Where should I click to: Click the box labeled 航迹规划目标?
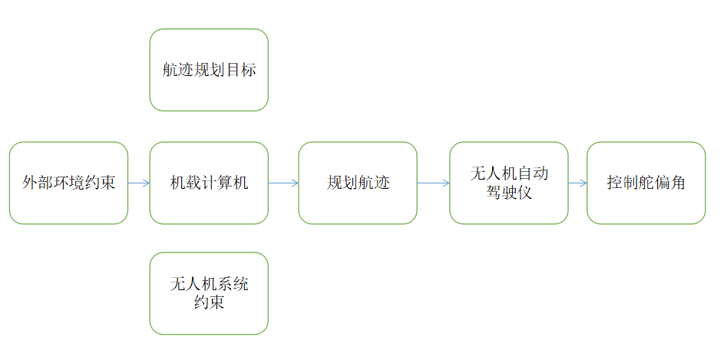pyautogui.click(x=209, y=70)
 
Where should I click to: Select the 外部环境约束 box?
pyautogui.click(x=68, y=183)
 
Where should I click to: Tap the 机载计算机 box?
pyautogui.click(x=209, y=183)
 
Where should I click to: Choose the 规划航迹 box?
pyautogui.click(x=358, y=183)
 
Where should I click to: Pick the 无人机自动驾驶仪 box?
pyautogui.click(x=509, y=183)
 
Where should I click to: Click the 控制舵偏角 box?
pyautogui.click(x=646, y=183)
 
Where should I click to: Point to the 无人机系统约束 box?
pyautogui.click(x=209, y=293)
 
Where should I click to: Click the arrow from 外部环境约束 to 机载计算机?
pyautogui.click(x=139, y=183)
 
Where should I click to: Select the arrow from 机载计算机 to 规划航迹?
pyautogui.click(x=283, y=183)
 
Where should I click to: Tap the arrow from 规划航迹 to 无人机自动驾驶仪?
pyautogui.click(x=434, y=183)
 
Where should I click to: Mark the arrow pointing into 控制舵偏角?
pyautogui.click(x=577, y=183)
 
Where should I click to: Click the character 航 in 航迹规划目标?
pyautogui.click(x=170, y=71)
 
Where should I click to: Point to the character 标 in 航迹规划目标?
pyautogui.click(x=248, y=71)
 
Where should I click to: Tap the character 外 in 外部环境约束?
pyautogui.click(x=30, y=183)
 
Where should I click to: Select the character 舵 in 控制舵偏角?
pyautogui.click(x=646, y=183)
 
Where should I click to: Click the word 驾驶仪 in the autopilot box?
pyautogui.click(x=509, y=193)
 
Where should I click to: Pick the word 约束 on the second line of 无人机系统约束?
pyautogui.click(x=209, y=302)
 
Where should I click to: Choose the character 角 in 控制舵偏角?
pyautogui.click(x=677, y=183)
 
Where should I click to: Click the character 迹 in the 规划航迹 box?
pyautogui.click(x=382, y=183)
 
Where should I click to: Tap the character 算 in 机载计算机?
pyautogui.click(x=224, y=183)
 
